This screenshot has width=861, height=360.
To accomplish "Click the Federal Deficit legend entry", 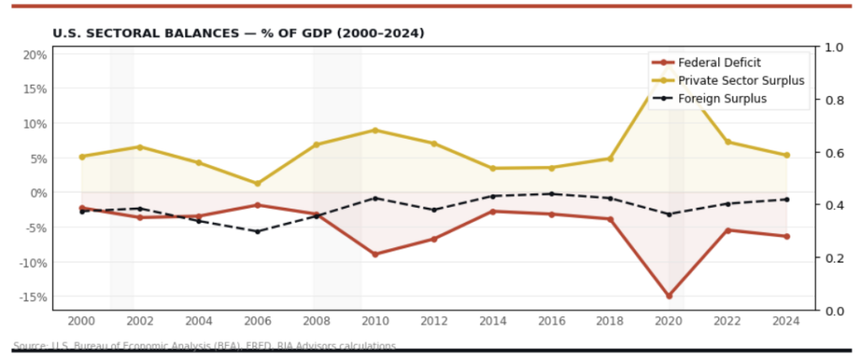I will pos(719,62).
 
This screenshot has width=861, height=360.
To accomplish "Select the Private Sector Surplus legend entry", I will pos(728,80).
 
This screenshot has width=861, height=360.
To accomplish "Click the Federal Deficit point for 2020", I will pos(669,296).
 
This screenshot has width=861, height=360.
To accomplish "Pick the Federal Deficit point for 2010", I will pos(375,254).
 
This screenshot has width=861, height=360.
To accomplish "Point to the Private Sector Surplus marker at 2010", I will pos(375,130).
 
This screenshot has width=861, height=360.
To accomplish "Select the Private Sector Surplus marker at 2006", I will pos(257,183).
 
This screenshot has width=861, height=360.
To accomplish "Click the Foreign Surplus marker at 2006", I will pos(257,231).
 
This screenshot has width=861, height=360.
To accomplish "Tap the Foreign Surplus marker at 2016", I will pos(552,193).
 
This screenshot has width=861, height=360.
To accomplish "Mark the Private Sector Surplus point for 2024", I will pos(787,155).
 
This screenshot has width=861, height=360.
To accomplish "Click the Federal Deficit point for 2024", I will pos(787,236).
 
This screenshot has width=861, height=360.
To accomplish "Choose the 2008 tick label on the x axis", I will pos(316,320).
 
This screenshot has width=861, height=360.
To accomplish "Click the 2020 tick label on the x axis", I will pos(669,320).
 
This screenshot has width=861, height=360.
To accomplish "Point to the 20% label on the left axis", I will pos(34,55).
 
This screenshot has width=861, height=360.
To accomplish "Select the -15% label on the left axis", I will pos(33,297).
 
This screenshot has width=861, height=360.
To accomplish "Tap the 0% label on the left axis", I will pos(38,193).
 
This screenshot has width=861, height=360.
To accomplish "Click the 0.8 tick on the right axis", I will pos(834,100).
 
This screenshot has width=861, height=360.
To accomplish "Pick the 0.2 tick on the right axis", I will pos(834,258).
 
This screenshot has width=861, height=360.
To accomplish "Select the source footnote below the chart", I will pos(204,346).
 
